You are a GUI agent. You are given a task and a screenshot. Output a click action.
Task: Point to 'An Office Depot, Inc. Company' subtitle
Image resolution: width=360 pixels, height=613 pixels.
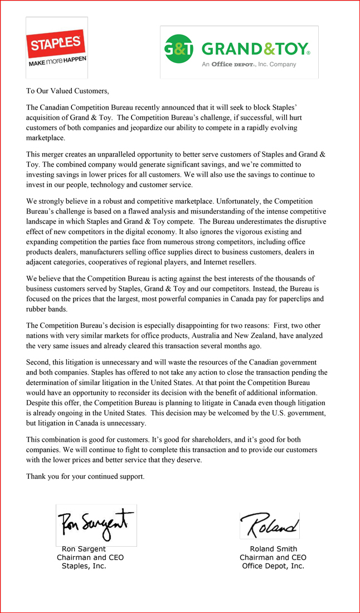(x=249, y=64)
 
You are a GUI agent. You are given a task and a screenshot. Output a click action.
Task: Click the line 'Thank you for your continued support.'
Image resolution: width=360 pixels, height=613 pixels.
(x=85, y=476)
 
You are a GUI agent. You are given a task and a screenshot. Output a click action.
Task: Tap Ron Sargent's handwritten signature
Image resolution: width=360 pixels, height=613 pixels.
(x=95, y=524)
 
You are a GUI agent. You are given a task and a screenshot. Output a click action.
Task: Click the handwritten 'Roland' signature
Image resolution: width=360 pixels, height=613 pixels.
(x=269, y=526)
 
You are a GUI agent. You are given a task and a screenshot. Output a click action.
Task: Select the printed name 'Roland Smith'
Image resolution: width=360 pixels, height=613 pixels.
(x=273, y=549)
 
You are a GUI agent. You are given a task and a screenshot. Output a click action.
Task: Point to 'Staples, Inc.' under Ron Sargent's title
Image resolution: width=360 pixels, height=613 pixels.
(x=84, y=566)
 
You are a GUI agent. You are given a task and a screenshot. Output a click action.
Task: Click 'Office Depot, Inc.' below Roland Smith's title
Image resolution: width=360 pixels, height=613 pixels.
(x=273, y=566)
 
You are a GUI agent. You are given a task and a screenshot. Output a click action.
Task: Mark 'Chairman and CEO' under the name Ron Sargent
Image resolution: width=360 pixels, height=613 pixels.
(x=90, y=557)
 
